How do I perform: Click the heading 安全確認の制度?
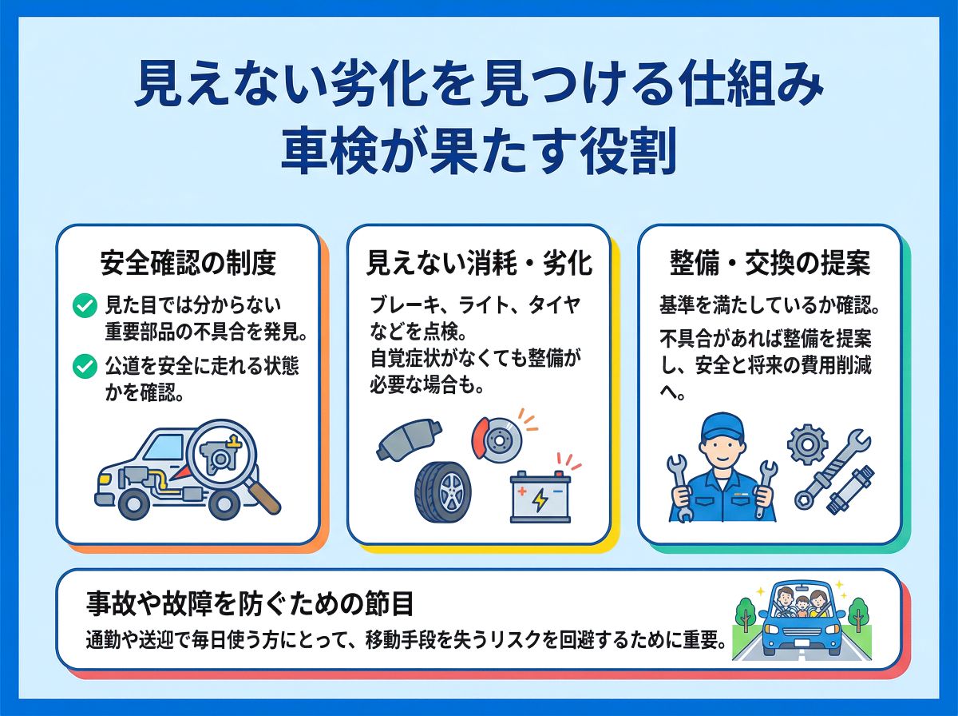tap(188, 263)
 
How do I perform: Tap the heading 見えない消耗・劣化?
tap(479, 263)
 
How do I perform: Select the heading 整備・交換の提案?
tap(770, 263)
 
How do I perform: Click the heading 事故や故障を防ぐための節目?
tap(249, 604)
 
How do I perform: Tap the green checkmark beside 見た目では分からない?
tap(85, 305)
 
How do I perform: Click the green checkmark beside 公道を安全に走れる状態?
tap(85, 366)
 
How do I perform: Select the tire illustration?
tap(442, 492)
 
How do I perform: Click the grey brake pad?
tap(410, 439)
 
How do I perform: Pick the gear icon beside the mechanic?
tap(807, 445)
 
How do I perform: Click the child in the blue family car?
tap(802, 607)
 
